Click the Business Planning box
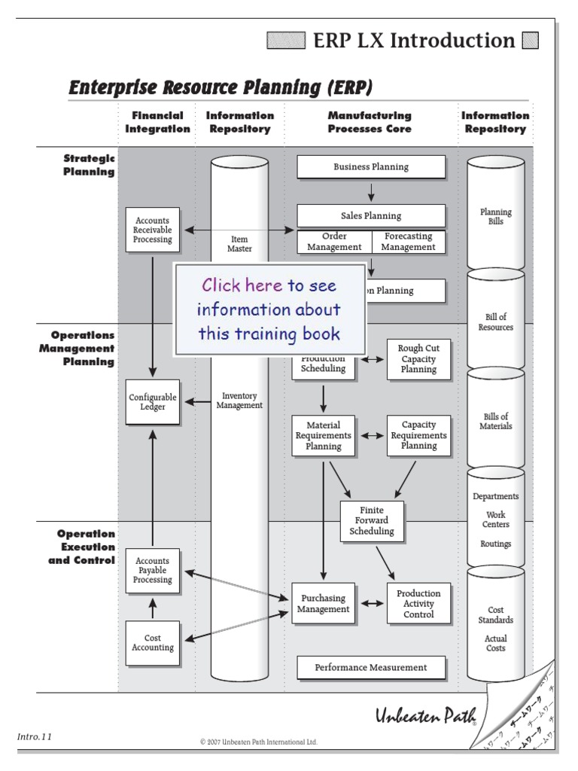(371, 167)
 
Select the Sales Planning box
(371, 215)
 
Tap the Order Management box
(334, 242)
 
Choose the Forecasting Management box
(408, 242)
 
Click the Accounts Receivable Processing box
(153, 230)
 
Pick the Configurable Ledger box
(153, 402)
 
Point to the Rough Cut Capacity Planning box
(418, 359)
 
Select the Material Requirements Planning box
(323, 435)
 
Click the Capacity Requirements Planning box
(418, 435)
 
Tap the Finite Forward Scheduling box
(372, 521)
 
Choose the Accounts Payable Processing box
(153, 571)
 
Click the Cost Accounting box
(153, 643)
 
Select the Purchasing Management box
(323, 604)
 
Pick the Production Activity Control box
(418, 604)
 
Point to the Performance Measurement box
(370, 667)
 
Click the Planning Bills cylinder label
(495, 217)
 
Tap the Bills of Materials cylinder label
(495, 421)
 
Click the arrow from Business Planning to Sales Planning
(371, 191)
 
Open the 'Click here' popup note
(269, 309)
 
